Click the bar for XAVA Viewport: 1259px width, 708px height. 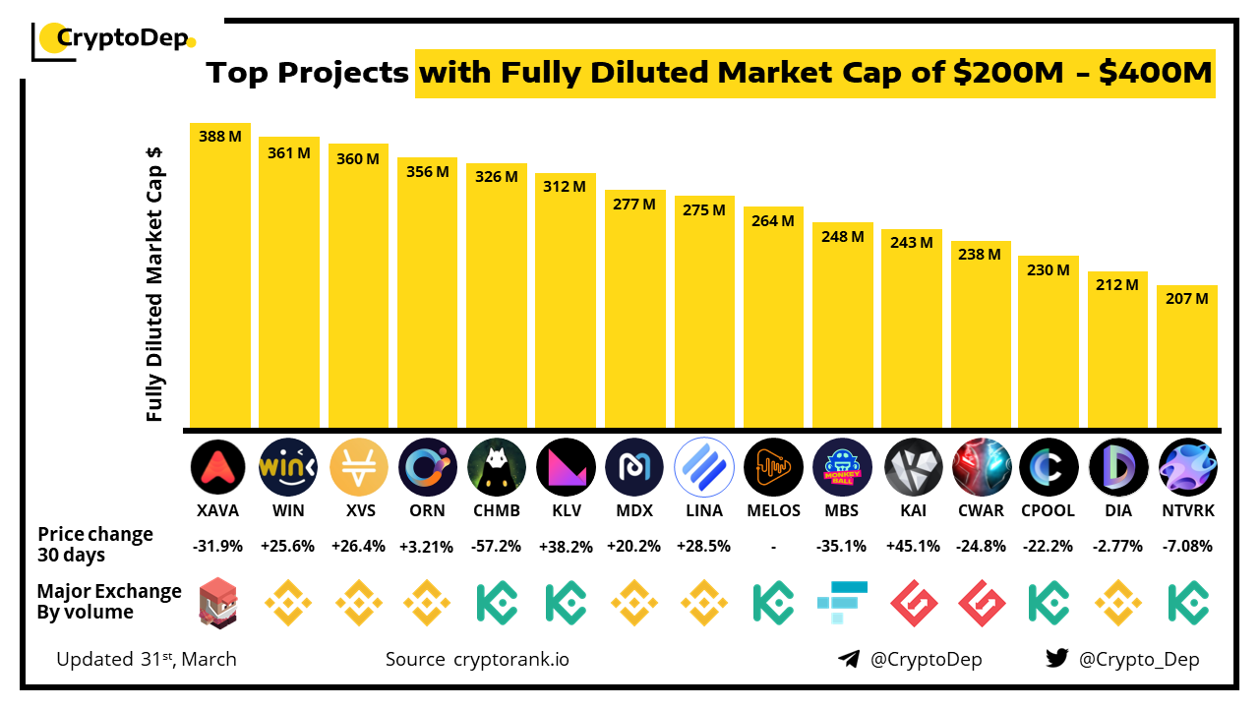pyautogui.click(x=220, y=285)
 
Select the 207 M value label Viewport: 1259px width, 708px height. pyautogui.click(x=1187, y=299)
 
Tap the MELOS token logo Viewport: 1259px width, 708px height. pyautogui.click(x=773, y=467)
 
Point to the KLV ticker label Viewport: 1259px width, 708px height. pyautogui.click(x=566, y=510)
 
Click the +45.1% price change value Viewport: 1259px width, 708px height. pyautogui.click(x=912, y=546)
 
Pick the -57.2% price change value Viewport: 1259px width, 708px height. pyautogui.click(x=496, y=546)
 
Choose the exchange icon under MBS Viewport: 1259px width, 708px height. pyautogui.click(x=843, y=602)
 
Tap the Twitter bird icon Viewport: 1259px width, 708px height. pyautogui.click(x=1056, y=659)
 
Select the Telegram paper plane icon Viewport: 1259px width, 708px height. pyautogui.click(x=848, y=659)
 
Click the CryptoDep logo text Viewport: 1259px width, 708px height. pyautogui.click(x=123, y=39)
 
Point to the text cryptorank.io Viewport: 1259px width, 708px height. pyautogui.click(x=510, y=659)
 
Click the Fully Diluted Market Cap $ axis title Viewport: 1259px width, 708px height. pyautogui.click(x=154, y=285)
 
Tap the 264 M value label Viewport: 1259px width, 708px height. pyautogui.click(x=773, y=221)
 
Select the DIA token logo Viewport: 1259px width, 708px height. pyautogui.click(x=1118, y=467)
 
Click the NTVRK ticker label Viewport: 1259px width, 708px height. pyautogui.click(x=1187, y=510)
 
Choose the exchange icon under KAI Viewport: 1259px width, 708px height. pyautogui.click(x=912, y=602)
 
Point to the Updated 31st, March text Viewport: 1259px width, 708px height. pyautogui.click(x=147, y=659)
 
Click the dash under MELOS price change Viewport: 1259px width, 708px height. pyautogui.click(x=773, y=547)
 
